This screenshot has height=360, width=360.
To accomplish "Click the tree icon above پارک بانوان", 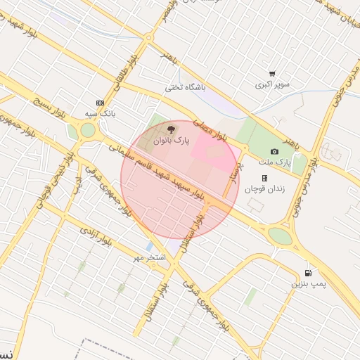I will [170, 129].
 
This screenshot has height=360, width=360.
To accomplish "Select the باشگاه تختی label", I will [184, 88].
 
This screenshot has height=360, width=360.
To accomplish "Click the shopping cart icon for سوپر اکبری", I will [272, 73].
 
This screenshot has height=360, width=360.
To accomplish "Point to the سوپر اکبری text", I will [272, 84].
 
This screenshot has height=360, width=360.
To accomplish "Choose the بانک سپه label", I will [99, 112].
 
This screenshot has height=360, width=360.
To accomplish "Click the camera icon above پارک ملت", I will [274, 151].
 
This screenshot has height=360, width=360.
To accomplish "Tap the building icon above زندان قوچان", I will [264, 178].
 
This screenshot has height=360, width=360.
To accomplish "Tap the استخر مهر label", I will [150, 259].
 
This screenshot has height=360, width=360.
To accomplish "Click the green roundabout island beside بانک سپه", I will [87, 130].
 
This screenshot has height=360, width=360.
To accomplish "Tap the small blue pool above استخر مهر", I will [148, 247].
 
